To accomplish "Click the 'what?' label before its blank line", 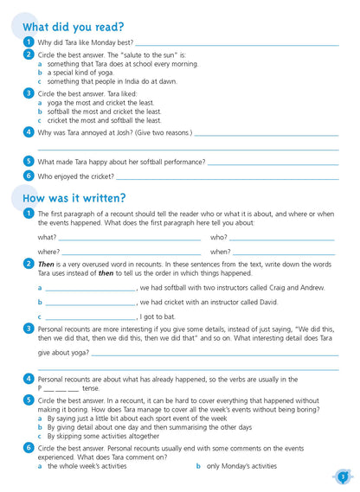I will click(47, 237).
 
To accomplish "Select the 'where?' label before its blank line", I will click(48, 252).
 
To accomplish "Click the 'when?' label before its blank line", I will click(220, 252).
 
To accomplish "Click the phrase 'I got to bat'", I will click(158, 316).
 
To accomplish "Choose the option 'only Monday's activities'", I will click(241, 466).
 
